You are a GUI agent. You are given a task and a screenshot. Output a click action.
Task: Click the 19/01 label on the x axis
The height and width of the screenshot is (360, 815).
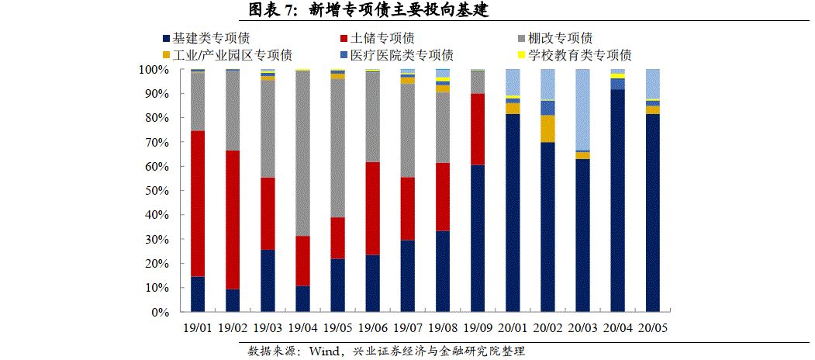click(198, 328)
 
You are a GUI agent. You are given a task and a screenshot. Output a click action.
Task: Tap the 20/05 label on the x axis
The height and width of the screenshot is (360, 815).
click(652, 328)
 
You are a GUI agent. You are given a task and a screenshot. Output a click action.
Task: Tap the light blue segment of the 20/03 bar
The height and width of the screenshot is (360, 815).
click(582, 109)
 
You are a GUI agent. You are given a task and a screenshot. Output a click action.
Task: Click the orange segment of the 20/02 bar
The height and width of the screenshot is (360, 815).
click(547, 129)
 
